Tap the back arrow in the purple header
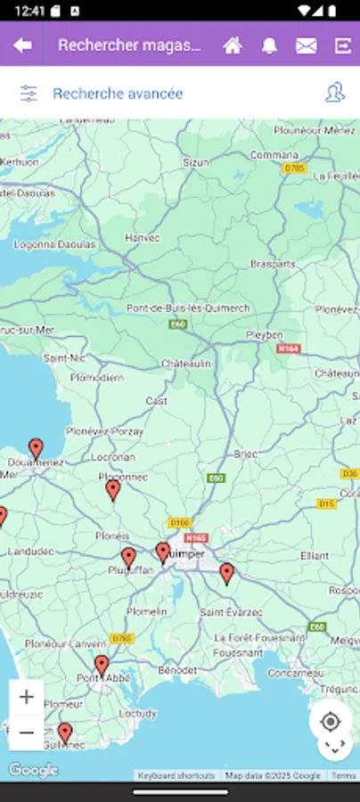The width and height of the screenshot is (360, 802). pyautogui.click(x=22, y=45)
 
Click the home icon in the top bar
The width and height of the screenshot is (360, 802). pyautogui.click(x=233, y=45)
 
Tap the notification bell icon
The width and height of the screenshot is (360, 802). pyautogui.click(x=269, y=45)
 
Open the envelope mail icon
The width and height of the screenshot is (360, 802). pyautogui.click(x=306, y=45)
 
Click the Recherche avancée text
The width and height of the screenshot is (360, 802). pyautogui.click(x=118, y=94)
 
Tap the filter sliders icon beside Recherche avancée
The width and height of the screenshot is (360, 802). pyautogui.click(x=29, y=94)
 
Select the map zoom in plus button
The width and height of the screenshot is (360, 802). pyautogui.click(x=27, y=697)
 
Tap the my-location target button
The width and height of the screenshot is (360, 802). pyautogui.click(x=331, y=721)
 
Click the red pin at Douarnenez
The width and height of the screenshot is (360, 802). pyautogui.click(x=36, y=448)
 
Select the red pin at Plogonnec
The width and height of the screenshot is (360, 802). pyautogui.click(x=113, y=489)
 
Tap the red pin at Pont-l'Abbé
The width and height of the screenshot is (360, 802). pyautogui.click(x=102, y=665)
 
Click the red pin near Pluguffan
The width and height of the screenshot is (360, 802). pyautogui.click(x=128, y=558)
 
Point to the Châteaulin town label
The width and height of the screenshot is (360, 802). pyautogui.click(x=185, y=364)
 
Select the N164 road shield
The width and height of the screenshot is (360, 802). pyautogui.click(x=289, y=349)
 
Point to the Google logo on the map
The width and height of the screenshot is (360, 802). pyautogui.click(x=33, y=769)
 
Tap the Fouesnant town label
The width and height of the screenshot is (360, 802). pyautogui.click(x=237, y=653)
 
